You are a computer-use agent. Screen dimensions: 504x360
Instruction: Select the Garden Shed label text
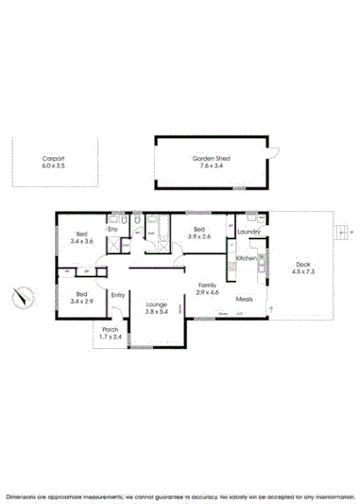tap(214, 159)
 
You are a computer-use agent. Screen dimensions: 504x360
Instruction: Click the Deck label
tap(301, 264)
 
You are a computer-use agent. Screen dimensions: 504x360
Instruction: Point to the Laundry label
tap(249, 232)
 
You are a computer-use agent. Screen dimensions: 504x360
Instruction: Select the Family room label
tap(207, 285)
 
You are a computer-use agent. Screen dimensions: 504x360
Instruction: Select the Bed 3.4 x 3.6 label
tap(83, 235)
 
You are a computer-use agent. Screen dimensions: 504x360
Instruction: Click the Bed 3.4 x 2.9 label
tap(81, 294)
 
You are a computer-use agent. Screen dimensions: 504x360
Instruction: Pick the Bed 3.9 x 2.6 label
tap(198, 230)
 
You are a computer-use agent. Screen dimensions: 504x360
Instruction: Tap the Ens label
tap(112, 229)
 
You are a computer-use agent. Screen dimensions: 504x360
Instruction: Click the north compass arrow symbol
tap(21, 298)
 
